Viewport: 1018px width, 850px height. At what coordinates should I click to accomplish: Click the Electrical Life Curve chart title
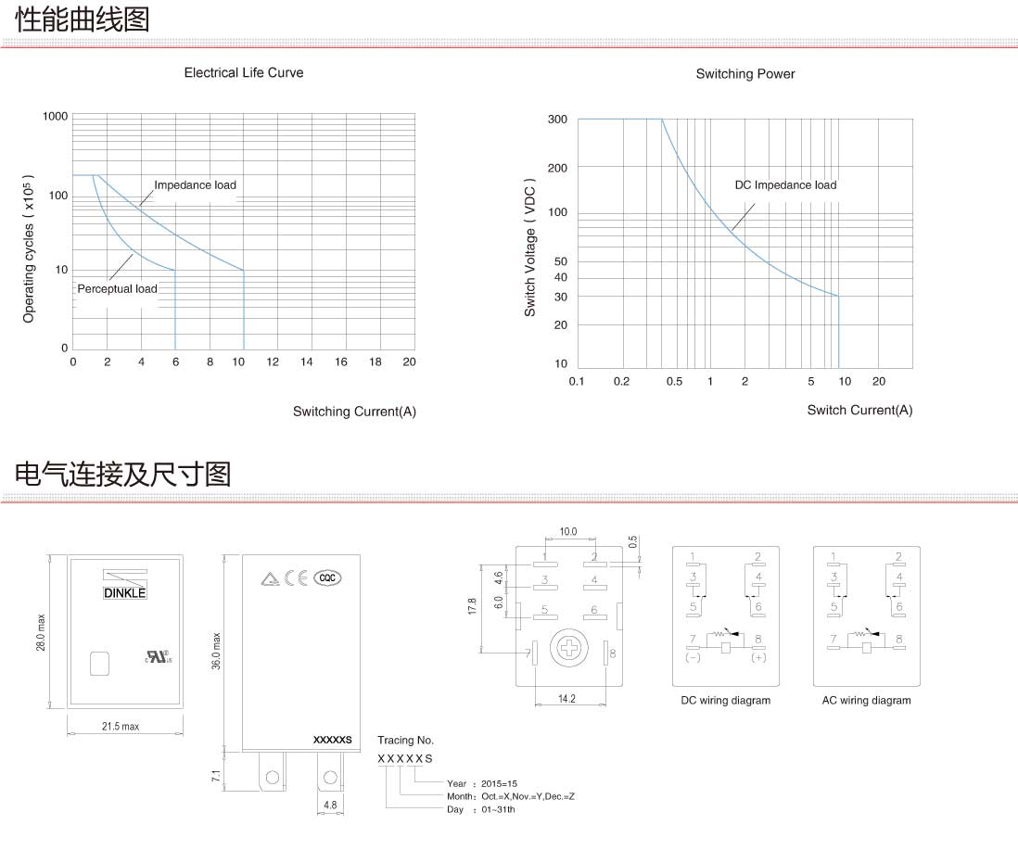(243, 72)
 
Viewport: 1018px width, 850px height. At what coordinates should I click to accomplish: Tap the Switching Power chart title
(745, 74)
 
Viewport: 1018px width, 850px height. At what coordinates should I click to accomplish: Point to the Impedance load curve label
(195, 185)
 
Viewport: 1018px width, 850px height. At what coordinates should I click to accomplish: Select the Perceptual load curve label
(117, 289)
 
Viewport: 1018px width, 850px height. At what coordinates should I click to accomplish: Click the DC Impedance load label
(785, 185)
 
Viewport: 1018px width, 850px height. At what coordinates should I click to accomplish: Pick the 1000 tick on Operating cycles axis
(56, 116)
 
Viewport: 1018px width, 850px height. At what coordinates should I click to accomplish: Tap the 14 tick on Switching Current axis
(307, 362)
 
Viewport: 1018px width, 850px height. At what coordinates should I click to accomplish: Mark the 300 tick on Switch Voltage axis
(556, 120)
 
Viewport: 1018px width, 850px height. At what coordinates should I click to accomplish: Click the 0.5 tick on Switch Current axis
(674, 382)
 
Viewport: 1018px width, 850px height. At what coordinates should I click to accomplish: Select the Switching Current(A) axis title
(354, 412)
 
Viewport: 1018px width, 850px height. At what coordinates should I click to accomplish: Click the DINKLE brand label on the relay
(123, 592)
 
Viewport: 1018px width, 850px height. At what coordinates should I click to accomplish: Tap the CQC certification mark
(326, 577)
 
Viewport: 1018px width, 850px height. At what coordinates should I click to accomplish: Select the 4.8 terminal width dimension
(329, 805)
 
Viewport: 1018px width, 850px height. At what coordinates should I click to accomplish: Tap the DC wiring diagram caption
(725, 701)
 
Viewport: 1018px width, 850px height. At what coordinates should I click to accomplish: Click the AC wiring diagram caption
(866, 701)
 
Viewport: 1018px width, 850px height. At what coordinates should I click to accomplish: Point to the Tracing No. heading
(405, 740)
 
